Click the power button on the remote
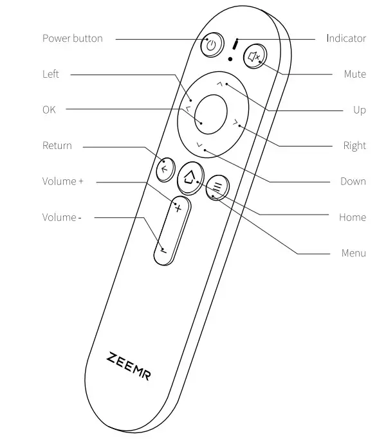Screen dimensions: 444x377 (212, 45)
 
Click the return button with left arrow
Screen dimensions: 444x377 (165, 169)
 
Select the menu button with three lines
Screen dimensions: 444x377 (217, 188)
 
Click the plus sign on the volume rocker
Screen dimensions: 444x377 (178, 208)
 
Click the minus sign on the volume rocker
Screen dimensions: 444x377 (164, 250)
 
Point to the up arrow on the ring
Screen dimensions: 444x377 (220, 84)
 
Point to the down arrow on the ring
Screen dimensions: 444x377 (199, 145)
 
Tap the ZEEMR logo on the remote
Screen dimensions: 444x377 (129, 366)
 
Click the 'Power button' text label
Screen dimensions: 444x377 (72, 39)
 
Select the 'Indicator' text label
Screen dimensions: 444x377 (345, 39)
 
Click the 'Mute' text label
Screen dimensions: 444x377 (354, 75)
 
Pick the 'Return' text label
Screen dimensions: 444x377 (57, 146)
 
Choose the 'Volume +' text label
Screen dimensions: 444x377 (62, 181)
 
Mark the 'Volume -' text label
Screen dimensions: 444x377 (62, 217)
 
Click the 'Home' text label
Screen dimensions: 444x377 (352, 217)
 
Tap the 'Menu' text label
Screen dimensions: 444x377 (353, 253)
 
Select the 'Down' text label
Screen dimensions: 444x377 (353, 181)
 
